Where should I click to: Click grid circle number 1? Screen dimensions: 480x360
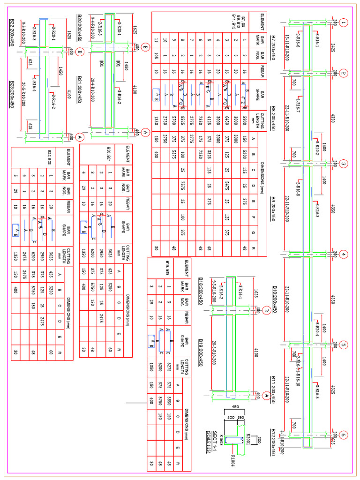344,22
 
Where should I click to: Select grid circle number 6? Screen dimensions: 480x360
344,434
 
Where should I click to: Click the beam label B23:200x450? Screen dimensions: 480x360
12,94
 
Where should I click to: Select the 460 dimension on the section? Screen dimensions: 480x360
236,406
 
